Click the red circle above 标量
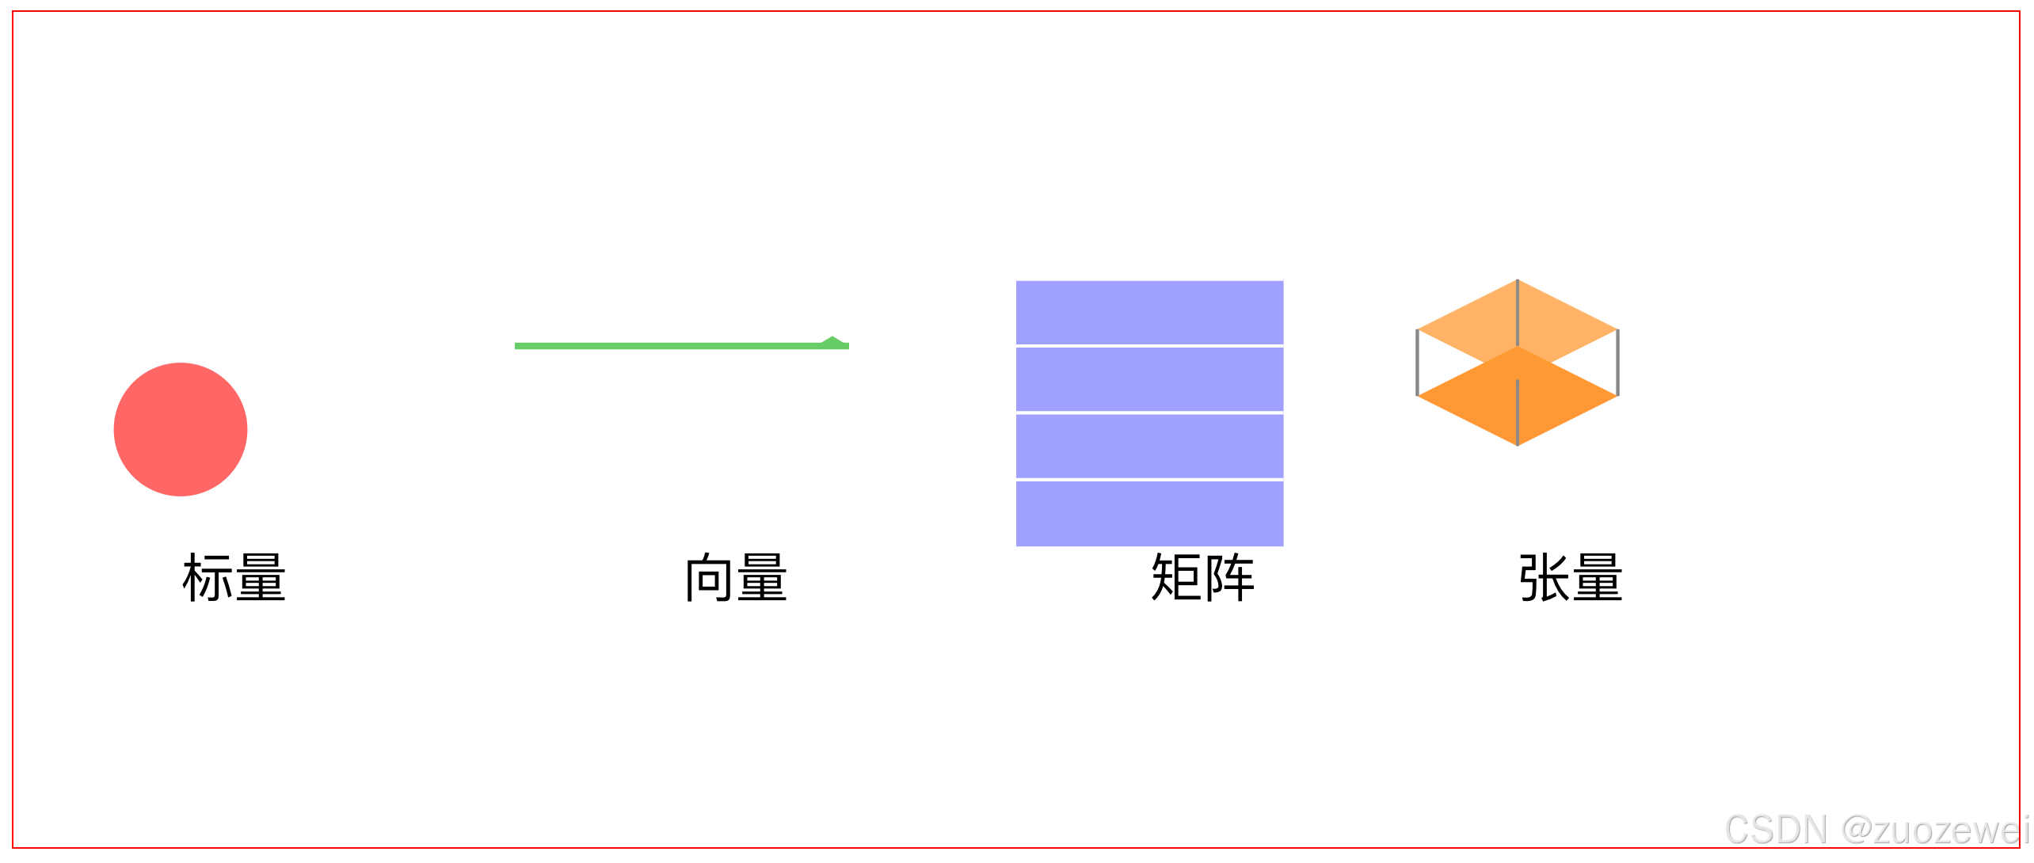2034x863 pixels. [181, 429]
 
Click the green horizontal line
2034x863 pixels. [665, 346]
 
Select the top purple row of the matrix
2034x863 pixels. [1149, 313]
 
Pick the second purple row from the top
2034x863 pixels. [1149, 379]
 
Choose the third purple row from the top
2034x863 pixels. [1149, 446]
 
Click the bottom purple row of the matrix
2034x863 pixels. [1149, 513]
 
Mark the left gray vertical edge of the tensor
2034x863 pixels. [1417, 363]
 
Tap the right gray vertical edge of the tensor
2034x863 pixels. [1617, 363]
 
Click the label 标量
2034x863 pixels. [234, 578]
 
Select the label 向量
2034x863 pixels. [736, 578]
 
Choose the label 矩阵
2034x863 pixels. [1202, 578]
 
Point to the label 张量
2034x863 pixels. [1571, 578]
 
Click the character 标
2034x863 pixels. [208, 578]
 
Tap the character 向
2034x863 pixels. [710, 578]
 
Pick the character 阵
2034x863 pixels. [1229, 578]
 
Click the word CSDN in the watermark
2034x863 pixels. [1776, 830]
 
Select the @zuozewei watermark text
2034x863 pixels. [1934, 830]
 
